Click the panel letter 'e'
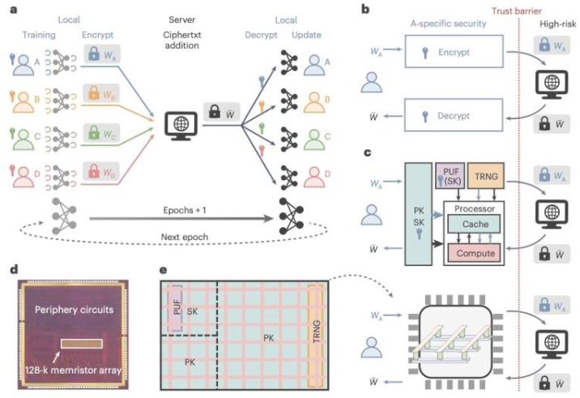click(164, 268)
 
